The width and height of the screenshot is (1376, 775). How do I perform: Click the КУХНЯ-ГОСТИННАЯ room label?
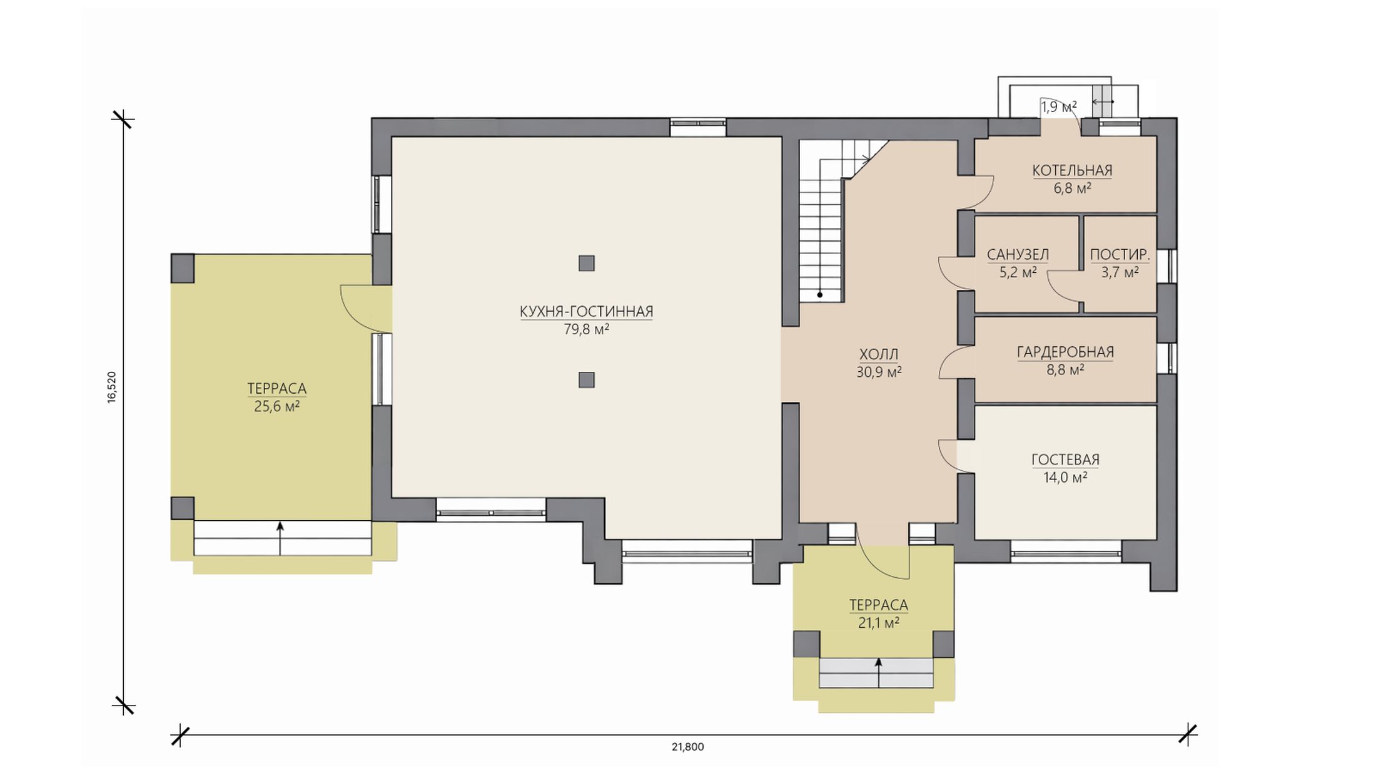(x=586, y=312)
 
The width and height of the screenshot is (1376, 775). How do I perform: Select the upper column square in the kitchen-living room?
(x=586, y=263)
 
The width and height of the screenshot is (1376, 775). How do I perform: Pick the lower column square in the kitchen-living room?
(x=586, y=380)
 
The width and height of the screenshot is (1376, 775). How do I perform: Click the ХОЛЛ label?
(x=879, y=354)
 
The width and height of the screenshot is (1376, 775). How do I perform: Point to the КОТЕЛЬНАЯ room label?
(x=1072, y=170)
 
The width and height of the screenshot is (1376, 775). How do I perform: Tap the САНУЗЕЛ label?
(x=1018, y=255)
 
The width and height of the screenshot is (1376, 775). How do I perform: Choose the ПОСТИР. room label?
(x=1120, y=255)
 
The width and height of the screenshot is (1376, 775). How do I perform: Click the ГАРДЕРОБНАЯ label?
(x=1065, y=352)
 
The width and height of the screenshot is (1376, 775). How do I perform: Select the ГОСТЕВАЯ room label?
(x=1065, y=460)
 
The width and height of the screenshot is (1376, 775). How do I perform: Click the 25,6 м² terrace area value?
(x=276, y=407)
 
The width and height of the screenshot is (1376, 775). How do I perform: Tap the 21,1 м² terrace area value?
(x=878, y=623)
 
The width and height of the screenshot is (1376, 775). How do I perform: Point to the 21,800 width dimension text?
(x=688, y=747)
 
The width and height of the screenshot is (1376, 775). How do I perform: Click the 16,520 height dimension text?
(x=112, y=387)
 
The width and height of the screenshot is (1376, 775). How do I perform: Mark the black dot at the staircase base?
(x=819, y=294)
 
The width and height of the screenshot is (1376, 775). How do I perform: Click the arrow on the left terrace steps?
(x=280, y=538)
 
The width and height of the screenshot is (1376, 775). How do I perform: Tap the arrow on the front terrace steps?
(x=878, y=673)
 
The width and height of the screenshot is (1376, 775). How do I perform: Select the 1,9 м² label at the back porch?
(x=1059, y=107)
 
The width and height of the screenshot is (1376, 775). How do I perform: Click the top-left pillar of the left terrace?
(x=183, y=268)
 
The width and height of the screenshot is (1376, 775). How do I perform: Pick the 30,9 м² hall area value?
(x=879, y=372)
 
